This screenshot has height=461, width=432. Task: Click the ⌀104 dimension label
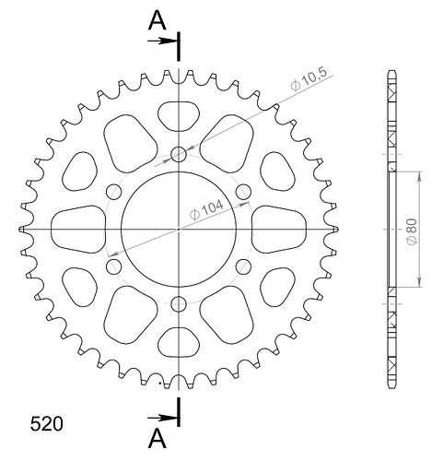tap(206, 210)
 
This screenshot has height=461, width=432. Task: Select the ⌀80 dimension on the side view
tap(412, 231)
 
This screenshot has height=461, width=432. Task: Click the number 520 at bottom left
tap(46, 424)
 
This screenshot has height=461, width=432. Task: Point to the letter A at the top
tap(158, 21)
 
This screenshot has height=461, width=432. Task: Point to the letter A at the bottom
tap(158, 439)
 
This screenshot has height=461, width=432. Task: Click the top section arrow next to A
tap(161, 41)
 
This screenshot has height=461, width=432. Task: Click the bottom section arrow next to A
tap(161, 418)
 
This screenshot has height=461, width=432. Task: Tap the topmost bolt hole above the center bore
tap(179, 154)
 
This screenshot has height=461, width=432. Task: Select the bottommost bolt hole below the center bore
tap(179, 304)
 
